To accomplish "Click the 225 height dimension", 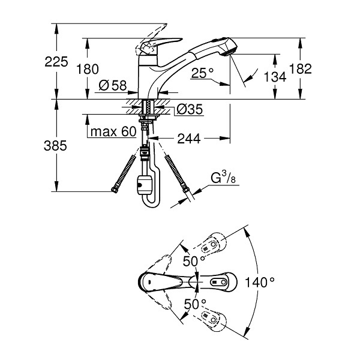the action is click(56, 62).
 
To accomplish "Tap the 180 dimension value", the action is click(87, 69).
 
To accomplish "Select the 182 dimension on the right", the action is click(301, 68).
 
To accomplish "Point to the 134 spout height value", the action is click(275, 77).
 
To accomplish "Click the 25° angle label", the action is click(202, 73).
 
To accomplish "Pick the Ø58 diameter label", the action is click(113, 86).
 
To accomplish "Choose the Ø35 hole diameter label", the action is click(190, 109).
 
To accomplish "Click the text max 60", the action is click(113, 131).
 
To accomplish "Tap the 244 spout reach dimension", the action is click(189, 139).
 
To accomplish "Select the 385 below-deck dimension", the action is click(55, 146).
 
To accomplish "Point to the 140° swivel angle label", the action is click(260, 282).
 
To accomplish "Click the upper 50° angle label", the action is click(194, 261).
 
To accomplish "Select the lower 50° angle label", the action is click(195, 304).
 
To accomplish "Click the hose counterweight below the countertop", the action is click(145, 185).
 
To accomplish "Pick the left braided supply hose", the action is click(123, 174).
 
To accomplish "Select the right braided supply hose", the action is click(177, 174).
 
